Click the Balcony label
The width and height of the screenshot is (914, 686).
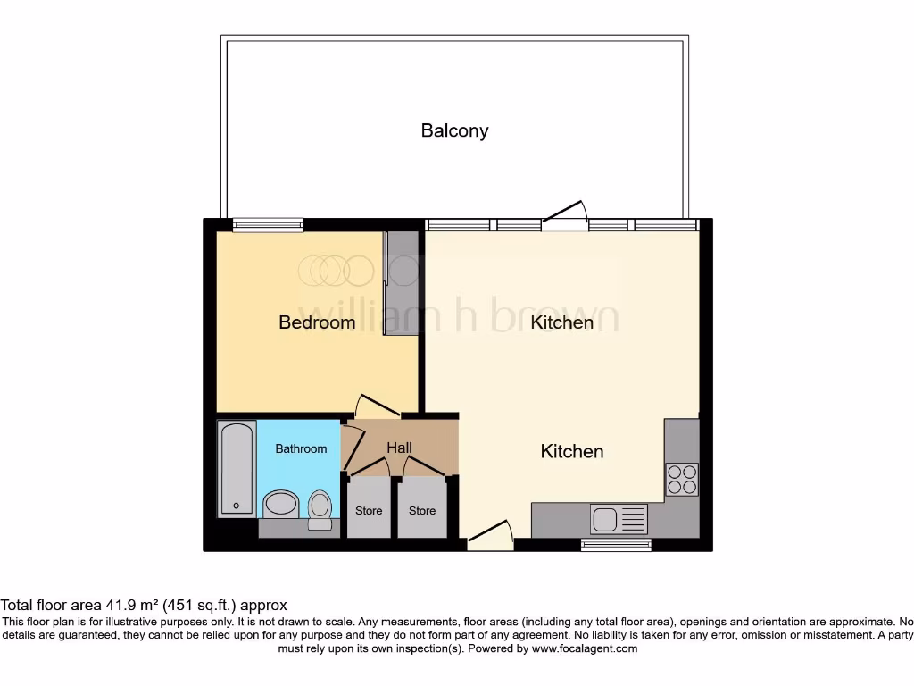(454, 130)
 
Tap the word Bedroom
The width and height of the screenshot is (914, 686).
(317, 322)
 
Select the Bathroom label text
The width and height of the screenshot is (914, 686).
(301, 448)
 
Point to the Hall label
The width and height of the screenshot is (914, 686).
(399, 447)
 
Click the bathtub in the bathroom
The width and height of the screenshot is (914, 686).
(237, 469)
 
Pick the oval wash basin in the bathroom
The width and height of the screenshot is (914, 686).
(281, 504)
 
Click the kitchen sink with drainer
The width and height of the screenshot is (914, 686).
(619, 518)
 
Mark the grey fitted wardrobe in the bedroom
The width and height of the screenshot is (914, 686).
(401, 283)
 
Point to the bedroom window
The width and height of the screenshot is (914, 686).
(268, 225)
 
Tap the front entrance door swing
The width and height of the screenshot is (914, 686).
(491, 535)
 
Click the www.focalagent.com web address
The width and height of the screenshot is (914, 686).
(584, 648)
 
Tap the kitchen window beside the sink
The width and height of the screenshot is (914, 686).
(616, 544)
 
